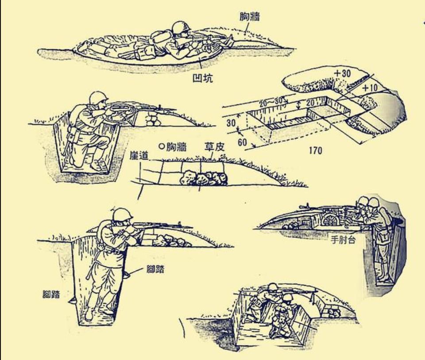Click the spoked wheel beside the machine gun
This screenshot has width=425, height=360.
pyautogui.click(x=331, y=220)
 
